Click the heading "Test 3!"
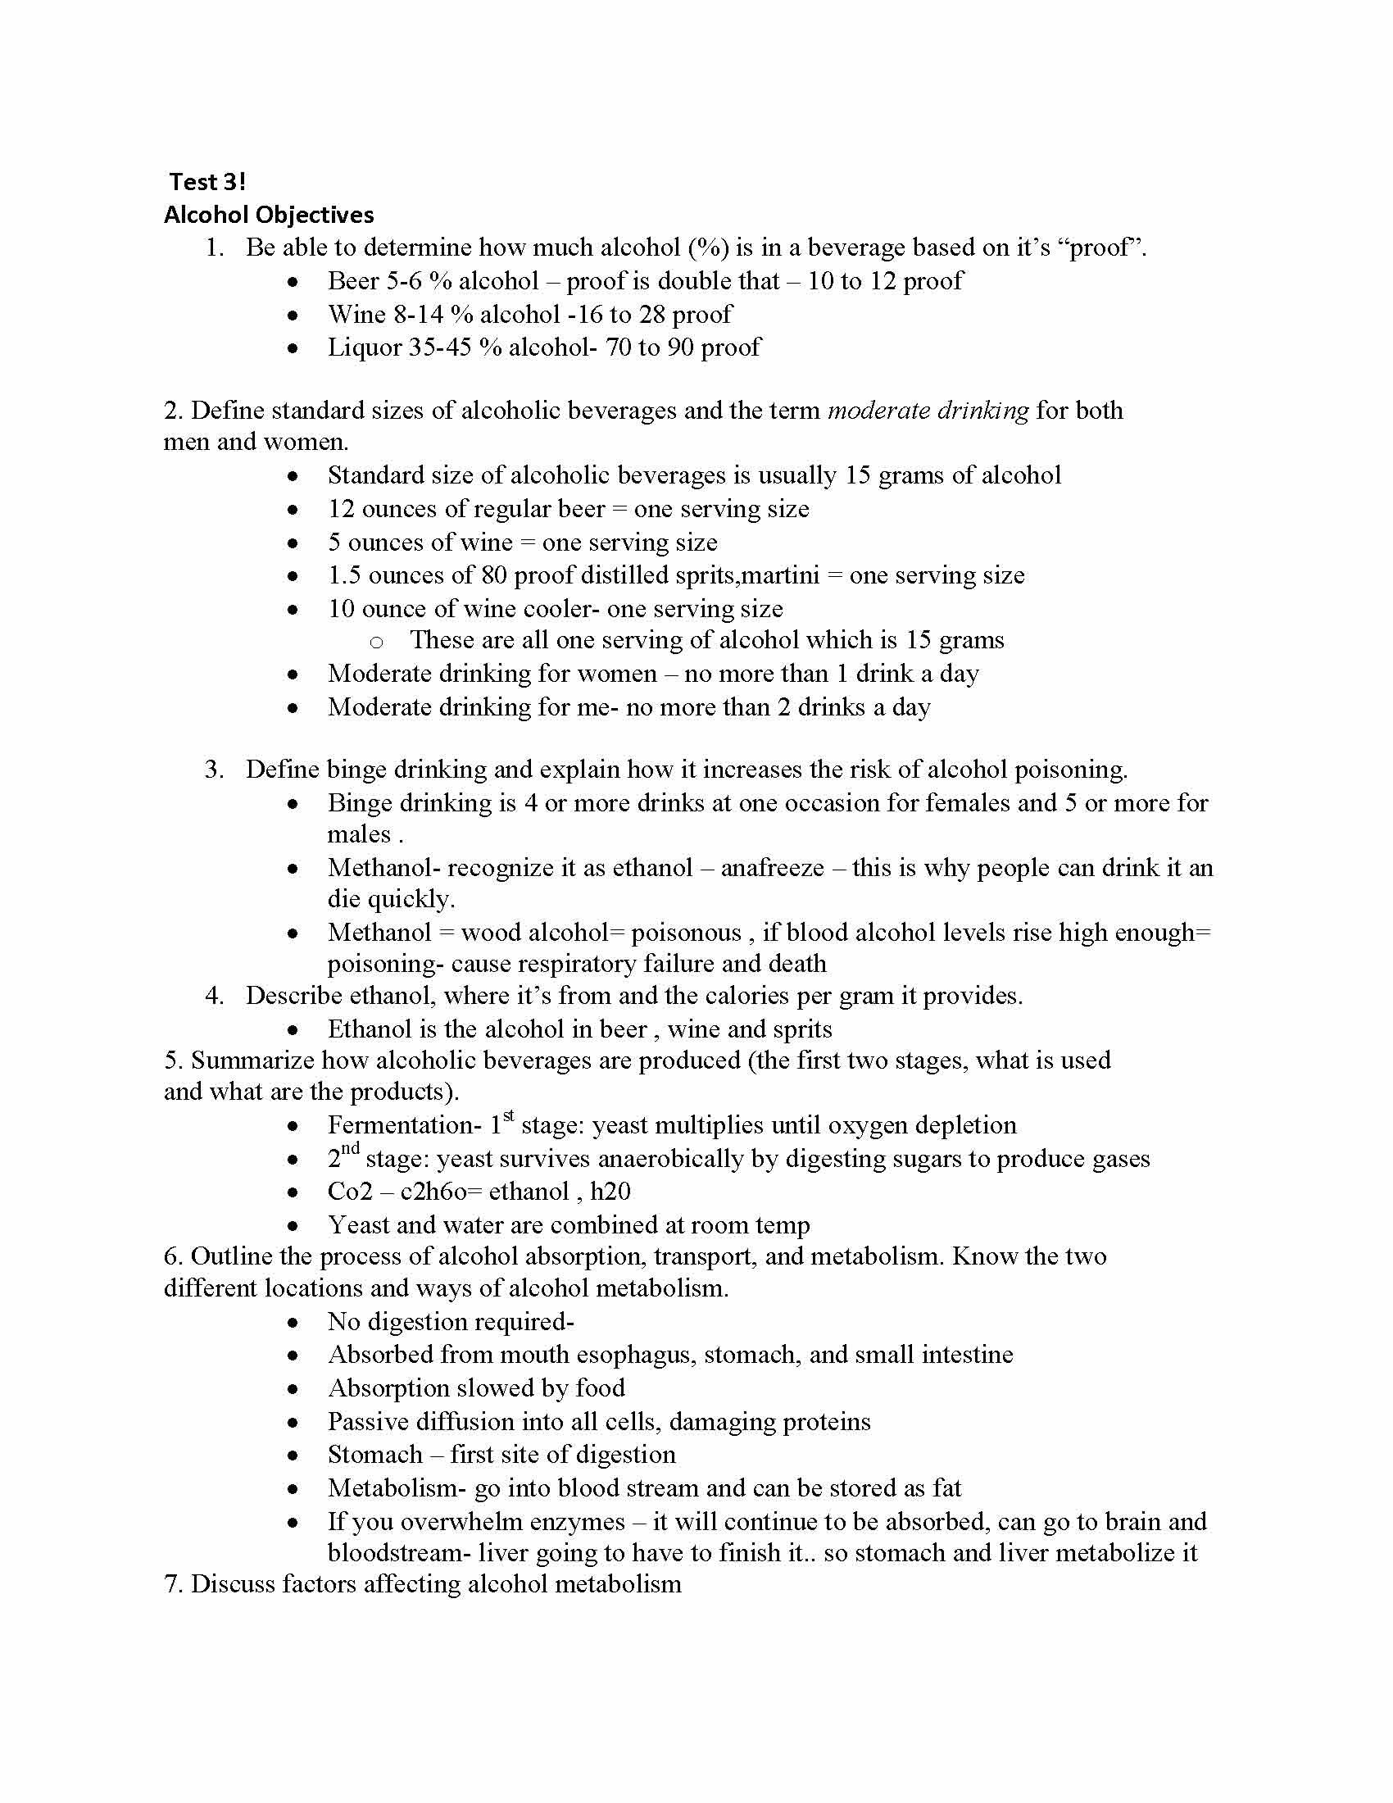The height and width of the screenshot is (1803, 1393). click(207, 182)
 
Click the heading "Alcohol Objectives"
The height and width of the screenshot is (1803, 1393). click(268, 215)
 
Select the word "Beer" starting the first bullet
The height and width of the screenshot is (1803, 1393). click(353, 280)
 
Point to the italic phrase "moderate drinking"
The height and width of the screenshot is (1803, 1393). click(928, 411)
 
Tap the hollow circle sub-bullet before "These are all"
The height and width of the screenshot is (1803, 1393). click(376, 642)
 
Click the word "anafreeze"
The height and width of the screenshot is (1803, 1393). click(773, 868)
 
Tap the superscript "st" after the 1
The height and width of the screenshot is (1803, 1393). click(508, 1116)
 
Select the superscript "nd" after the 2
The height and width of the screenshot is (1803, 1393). click(350, 1149)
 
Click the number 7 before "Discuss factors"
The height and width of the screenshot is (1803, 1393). click(172, 1584)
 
